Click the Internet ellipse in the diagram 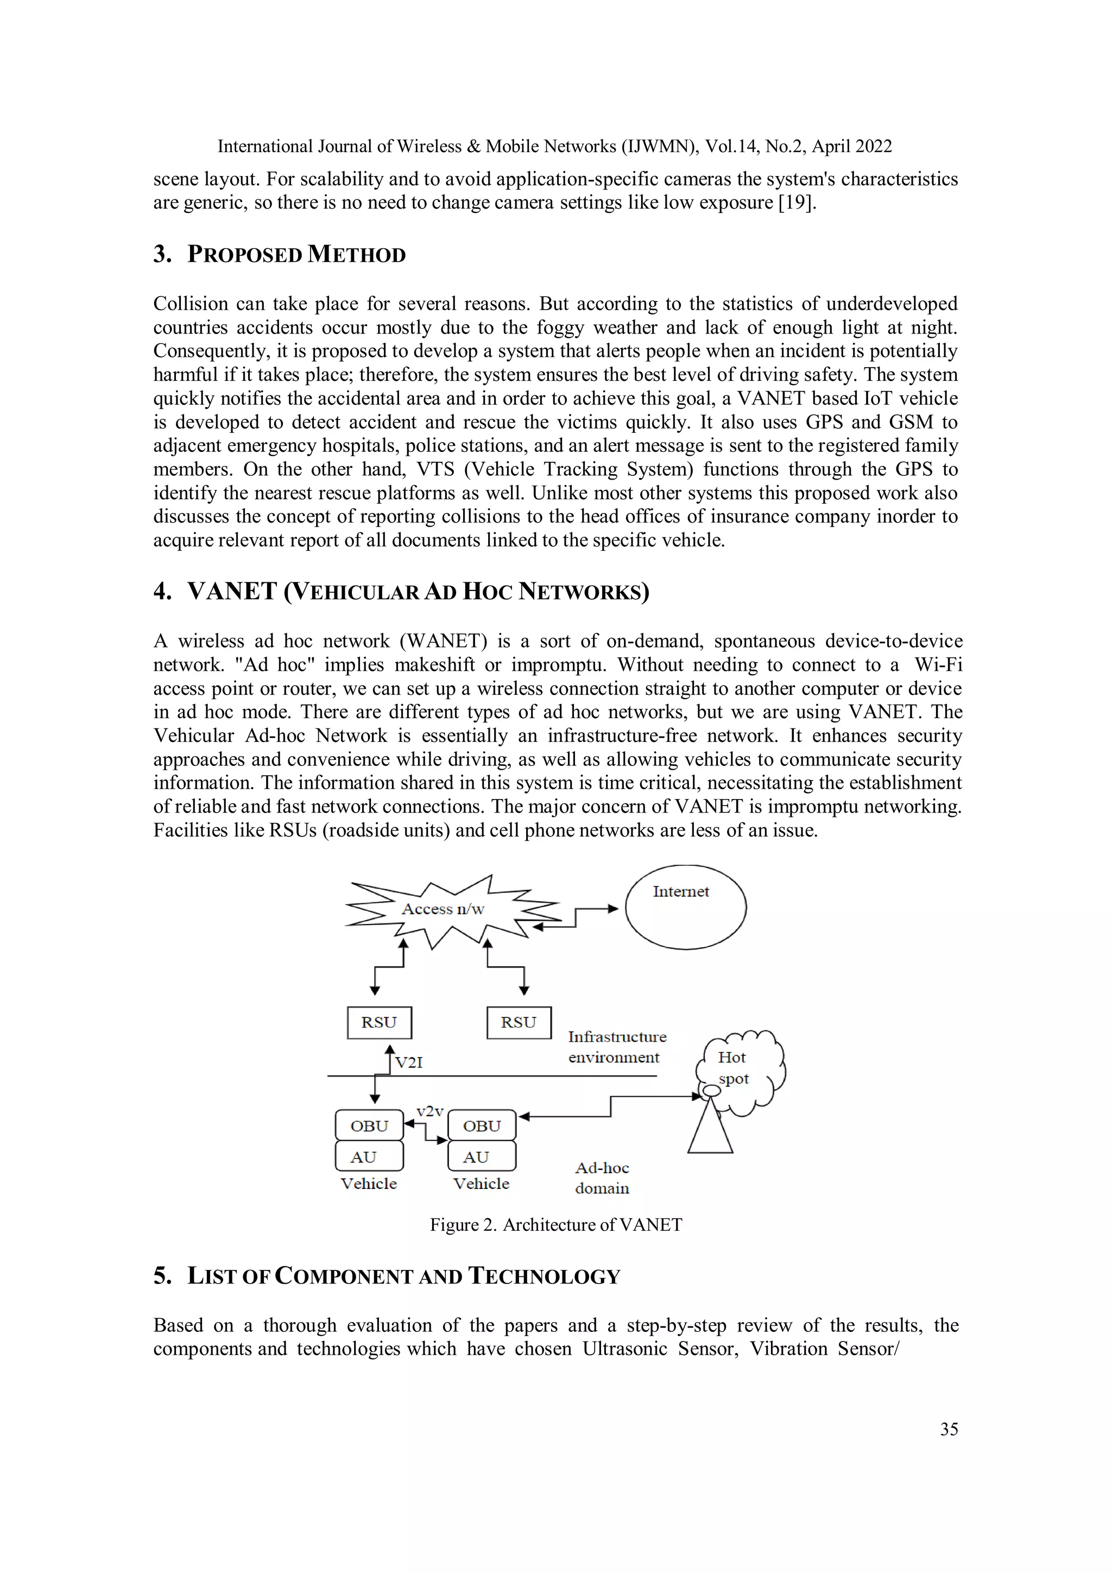pos(685,908)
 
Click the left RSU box pos(380,1023)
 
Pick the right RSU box pos(519,1023)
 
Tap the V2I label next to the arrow pos(409,1062)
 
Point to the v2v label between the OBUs pos(430,1111)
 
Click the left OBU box pos(369,1125)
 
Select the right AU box pos(482,1157)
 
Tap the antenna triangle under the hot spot pos(711,1130)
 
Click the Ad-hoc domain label pos(602,1178)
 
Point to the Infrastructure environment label pos(616,1047)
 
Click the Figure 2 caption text pos(555,1225)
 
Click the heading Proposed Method pos(296,255)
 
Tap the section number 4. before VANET pos(162,592)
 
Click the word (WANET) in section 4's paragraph pos(443,641)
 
